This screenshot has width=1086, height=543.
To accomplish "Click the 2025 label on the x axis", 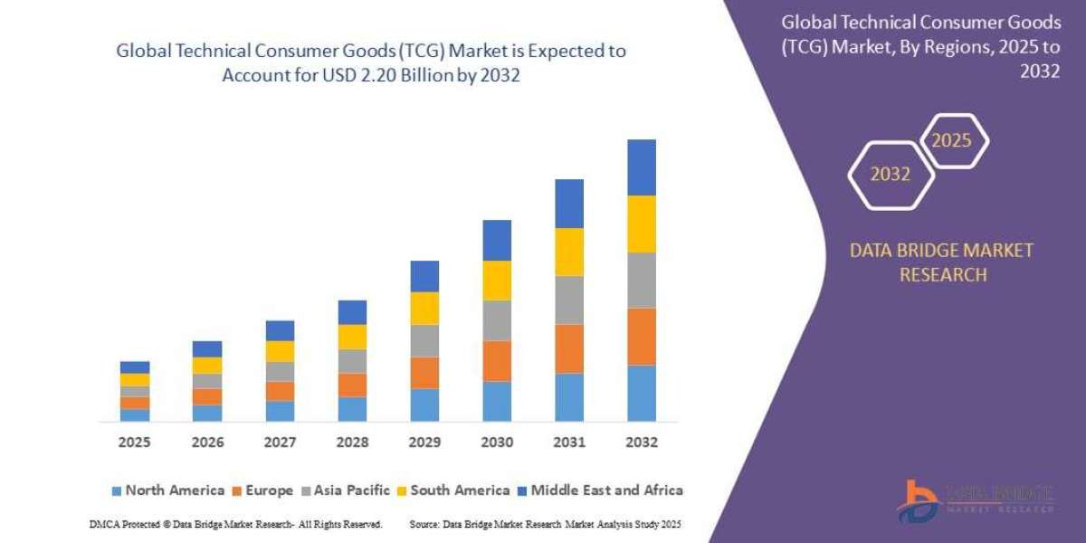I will point(134,443).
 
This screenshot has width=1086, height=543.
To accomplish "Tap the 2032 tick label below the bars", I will point(641,443).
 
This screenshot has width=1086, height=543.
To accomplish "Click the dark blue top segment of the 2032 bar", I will point(641,167).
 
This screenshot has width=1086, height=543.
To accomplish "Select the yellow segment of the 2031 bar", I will point(568,252).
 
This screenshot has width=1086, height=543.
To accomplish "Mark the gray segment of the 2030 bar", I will point(496,320).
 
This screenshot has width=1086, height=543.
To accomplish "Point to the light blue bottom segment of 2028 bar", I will point(352,409).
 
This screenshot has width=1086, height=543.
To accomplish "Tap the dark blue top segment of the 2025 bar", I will point(134,367).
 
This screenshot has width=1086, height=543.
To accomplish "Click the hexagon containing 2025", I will point(952,141).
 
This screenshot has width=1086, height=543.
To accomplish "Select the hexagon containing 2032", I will point(891,175).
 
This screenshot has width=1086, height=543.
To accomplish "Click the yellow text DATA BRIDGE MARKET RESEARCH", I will point(941,262).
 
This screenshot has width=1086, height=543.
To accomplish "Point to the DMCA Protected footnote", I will point(235,524).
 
